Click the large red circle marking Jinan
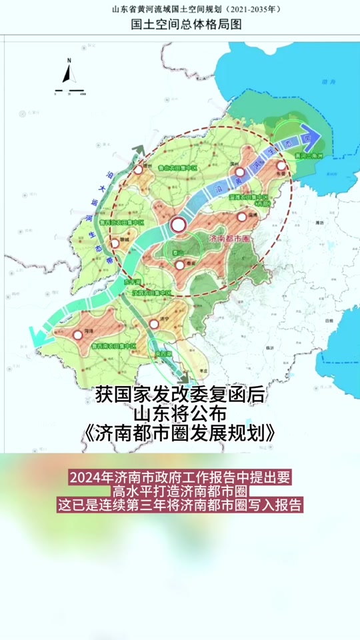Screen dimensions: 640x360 [179, 225]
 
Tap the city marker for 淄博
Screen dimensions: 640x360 [241, 216]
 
